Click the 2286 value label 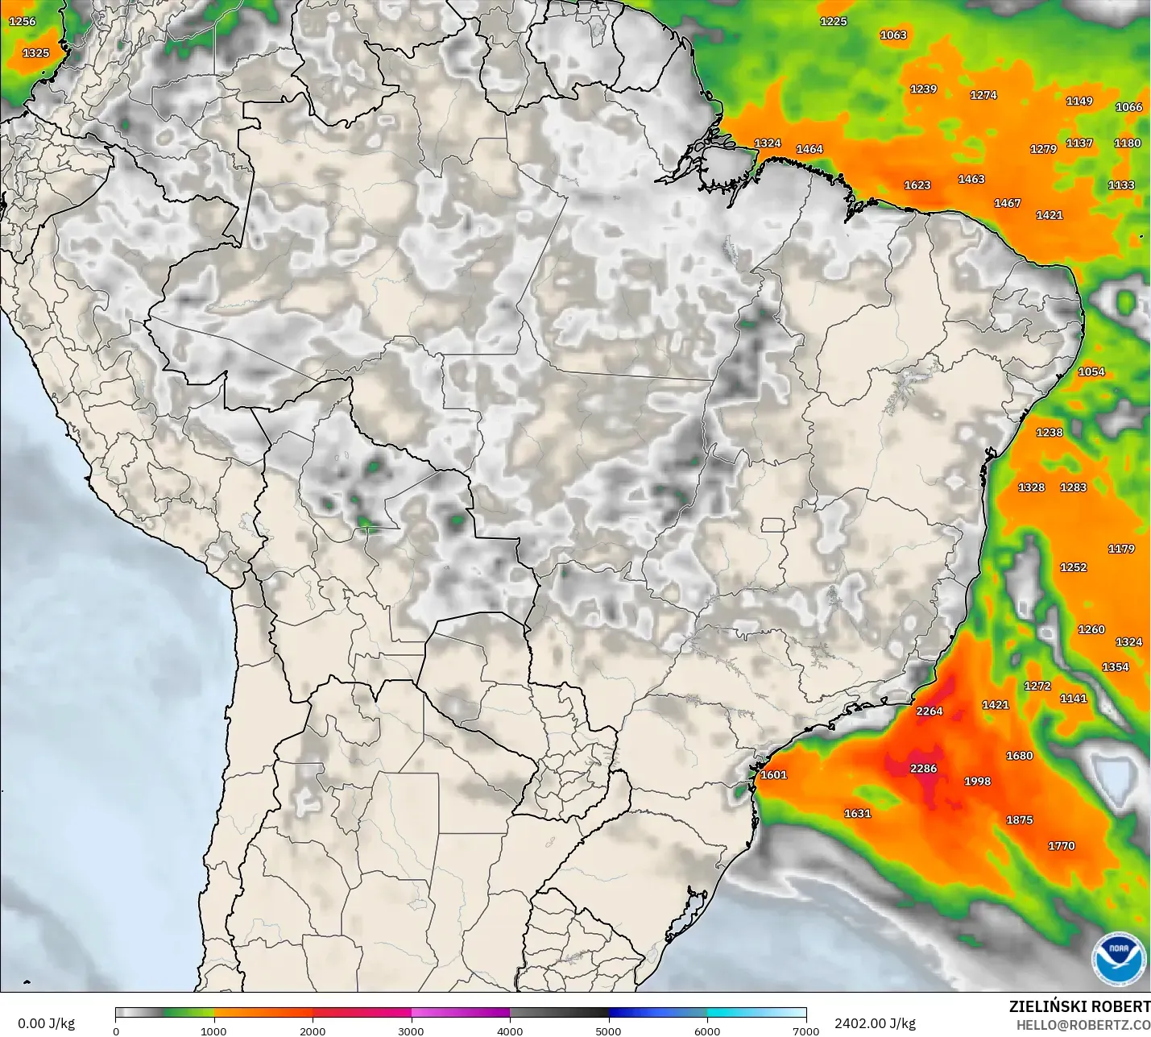pyautogui.click(x=923, y=768)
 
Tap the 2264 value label pyautogui.click(x=929, y=711)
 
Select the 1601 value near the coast pyautogui.click(x=773, y=774)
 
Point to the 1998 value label pyautogui.click(x=977, y=781)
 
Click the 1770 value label pyautogui.click(x=1061, y=845)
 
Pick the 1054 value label pyautogui.click(x=1091, y=371)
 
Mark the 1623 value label pyautogui.click(x=917, y=185)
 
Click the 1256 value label pyautogui.click(x=23, y=21)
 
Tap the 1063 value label pyautogui.click(x=892, y=35)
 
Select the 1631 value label pyautogui.click(x=857, y=813)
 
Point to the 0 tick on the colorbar pyautogui.click(x=116, y=1031)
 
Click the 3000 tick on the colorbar pyautogui.click(x=411, y=1031)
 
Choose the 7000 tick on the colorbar pyautogui.click(x=805, y=1031)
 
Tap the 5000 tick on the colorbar pyautogui.click(x=608, y=1031)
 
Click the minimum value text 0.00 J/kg pyautogui.click(x=46, y=1023)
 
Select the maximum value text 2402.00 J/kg pyautogui.click(x=875, y=1023)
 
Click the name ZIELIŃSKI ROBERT pyautogui.click(x=1079, y=1006)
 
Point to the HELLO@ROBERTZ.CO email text pyautogui.click(x=1083, y=1025)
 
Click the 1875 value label pyautogui.click(x=1019, y=819)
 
